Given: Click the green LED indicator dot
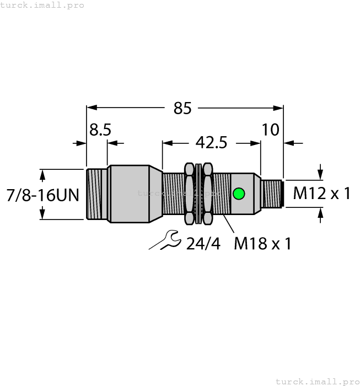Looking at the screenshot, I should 239,194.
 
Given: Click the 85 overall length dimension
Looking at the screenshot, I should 182,109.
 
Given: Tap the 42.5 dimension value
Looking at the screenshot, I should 211,143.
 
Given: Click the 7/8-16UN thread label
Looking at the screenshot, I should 43,195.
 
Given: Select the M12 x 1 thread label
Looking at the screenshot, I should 322,193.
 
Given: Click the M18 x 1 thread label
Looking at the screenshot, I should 262,243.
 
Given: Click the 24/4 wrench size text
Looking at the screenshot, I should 203,243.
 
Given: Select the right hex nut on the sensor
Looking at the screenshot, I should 207,194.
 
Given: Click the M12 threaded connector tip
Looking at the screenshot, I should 272,194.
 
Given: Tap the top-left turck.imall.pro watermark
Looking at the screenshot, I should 42,5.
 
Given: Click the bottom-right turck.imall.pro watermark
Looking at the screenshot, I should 317,381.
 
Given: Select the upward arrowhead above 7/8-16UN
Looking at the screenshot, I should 42,175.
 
